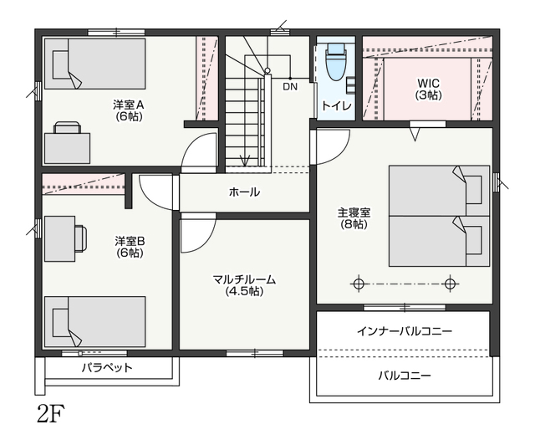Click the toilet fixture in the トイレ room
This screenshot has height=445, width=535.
click(336, 62)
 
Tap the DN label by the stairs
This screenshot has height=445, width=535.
click(290, 87)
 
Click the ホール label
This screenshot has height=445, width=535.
click(244, 192)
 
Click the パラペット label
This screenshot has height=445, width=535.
click(107, 368)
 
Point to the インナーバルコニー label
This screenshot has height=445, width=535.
click(405, 331)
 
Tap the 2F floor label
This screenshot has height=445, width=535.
click(51, 414)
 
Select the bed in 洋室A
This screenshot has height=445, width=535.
click(94, 64)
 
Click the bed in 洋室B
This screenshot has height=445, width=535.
click(94, 321)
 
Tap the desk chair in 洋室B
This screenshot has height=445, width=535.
click(81, 238)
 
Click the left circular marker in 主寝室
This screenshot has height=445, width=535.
click(358, 283)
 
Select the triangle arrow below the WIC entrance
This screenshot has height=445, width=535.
click(415, 134)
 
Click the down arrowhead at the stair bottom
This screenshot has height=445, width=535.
click(245, 161)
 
